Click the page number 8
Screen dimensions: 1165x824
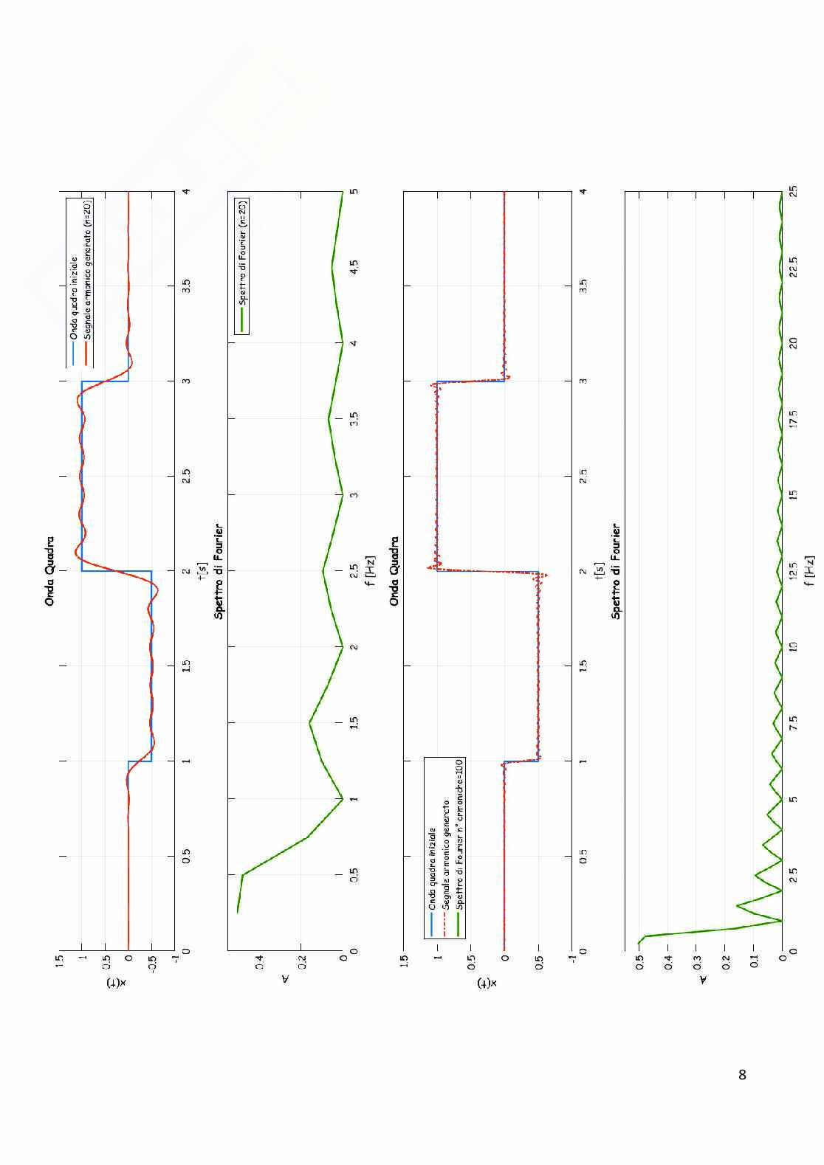(x=742, y=1074)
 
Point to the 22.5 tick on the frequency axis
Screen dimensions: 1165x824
(x=793, y=266)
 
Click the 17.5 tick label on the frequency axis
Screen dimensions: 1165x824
(x=793, y=418)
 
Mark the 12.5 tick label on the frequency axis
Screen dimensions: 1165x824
(x=793, y=570)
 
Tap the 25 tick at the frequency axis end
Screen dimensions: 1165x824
(x=793, y=191)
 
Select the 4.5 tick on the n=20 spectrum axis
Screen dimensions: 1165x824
(x=354, y=266)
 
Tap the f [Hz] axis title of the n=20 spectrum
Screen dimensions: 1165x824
(x=371, y=570)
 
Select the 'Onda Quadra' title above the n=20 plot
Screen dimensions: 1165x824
(x=49, y=570)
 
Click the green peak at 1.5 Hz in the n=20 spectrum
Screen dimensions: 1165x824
(x=309, y=722)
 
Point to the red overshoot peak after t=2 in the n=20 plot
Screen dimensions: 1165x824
(x=76, y=552)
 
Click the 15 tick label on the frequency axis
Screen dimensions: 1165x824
(x=793, y=494)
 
